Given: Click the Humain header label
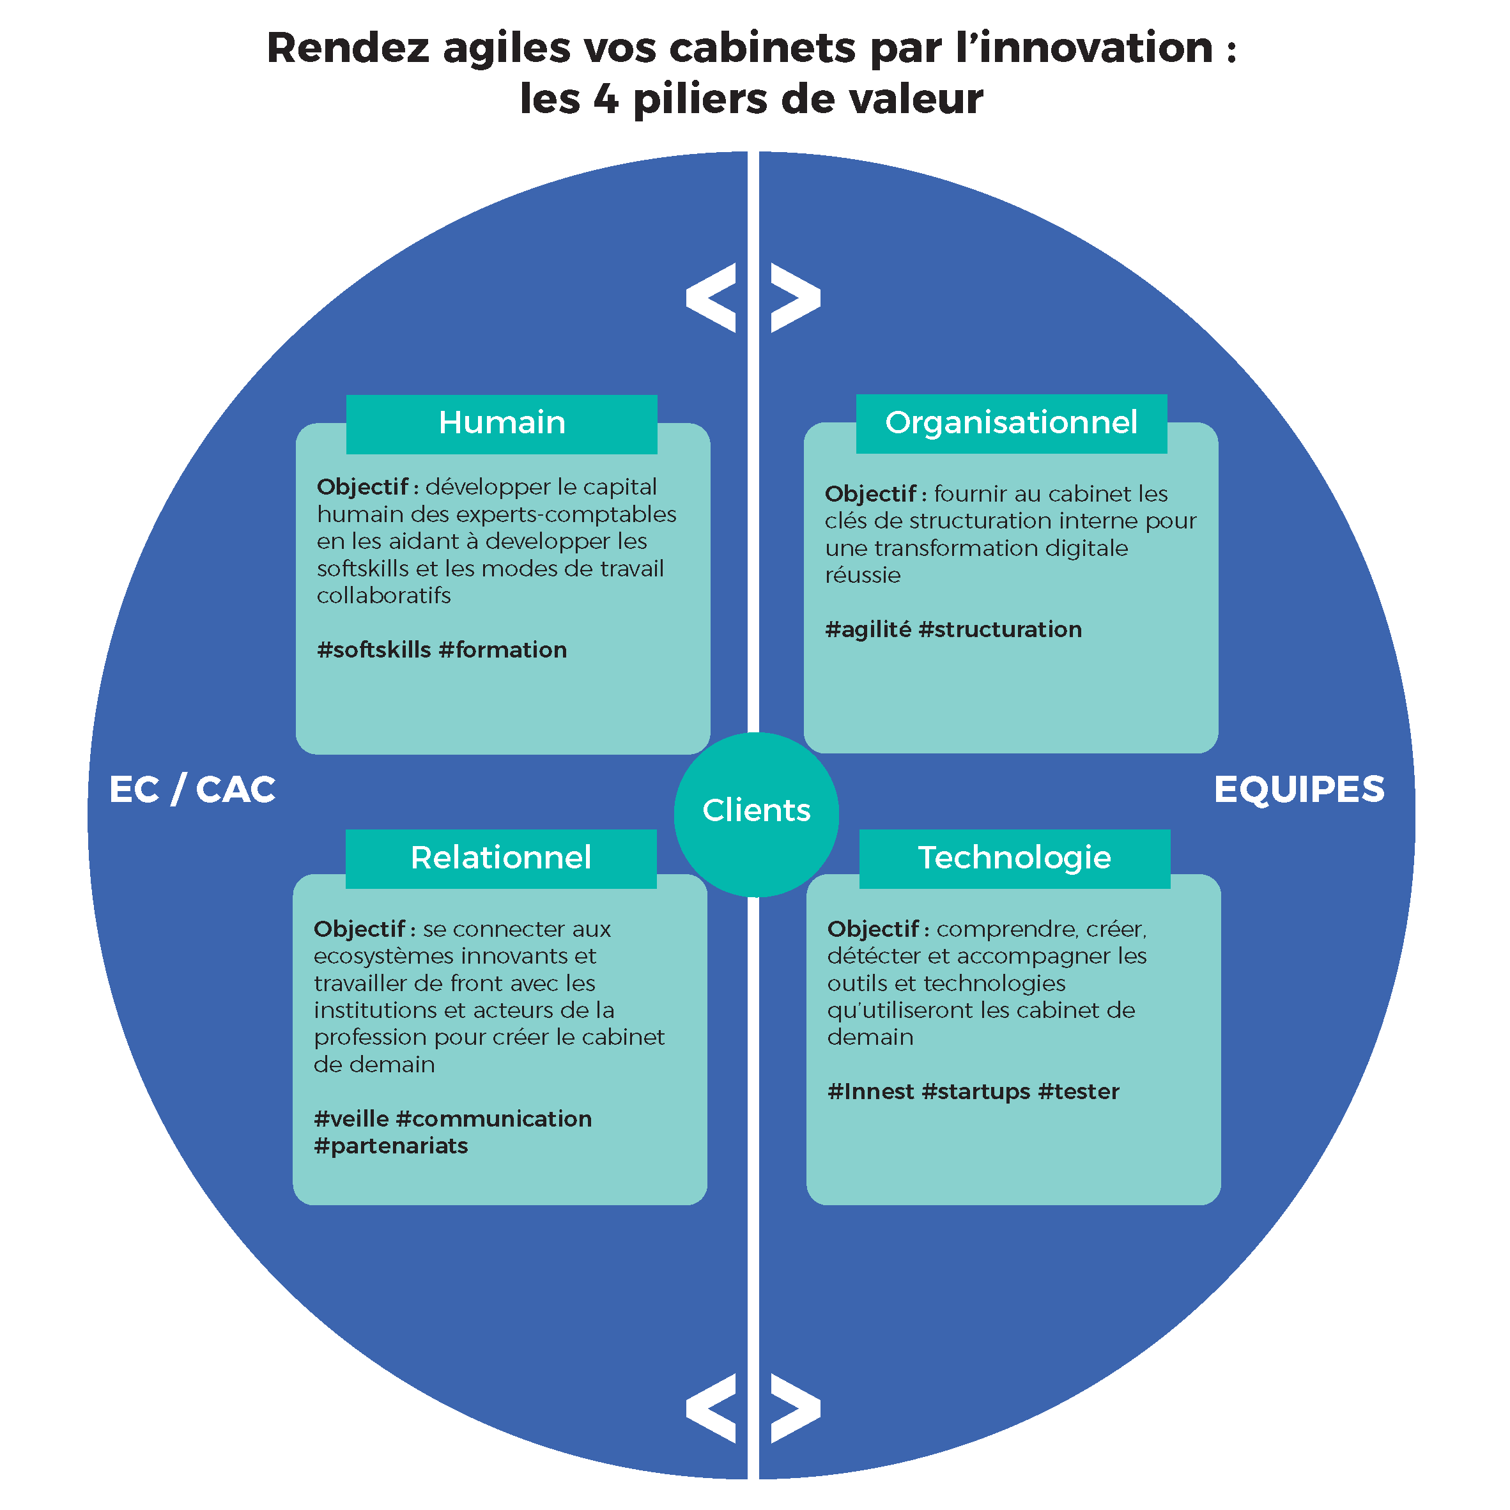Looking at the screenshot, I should pos(502,423).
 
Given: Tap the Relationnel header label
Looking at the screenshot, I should pos(500,858).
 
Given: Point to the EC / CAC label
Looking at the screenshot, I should pos(192,789).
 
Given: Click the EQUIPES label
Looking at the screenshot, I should pos(1298,789).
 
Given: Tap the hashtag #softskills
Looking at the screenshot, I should pos(374,649).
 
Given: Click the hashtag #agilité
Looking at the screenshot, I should pos(868,629).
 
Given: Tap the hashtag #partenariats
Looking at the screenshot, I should pos(391,1146).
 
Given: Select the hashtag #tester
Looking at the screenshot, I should pos(1079,1091).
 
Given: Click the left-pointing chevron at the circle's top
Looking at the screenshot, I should pos(712,298).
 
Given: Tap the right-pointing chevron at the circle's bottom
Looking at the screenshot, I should pos(795,1407).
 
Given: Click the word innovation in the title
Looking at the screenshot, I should pos(1094,48).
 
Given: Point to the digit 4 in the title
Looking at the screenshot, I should pos(606,99).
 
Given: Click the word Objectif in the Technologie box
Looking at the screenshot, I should pos(872,928).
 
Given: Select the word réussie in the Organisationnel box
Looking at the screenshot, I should pos(862,575).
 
